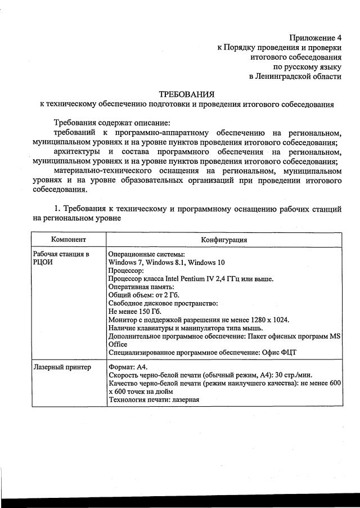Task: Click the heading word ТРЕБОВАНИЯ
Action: click(x=186, y=94)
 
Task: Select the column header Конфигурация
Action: click(x=224, y=240)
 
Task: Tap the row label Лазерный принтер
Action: click(x=62, y=367)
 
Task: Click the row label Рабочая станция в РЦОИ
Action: click(x=61, y=258)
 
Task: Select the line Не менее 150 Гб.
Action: click(x=134, y=311)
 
